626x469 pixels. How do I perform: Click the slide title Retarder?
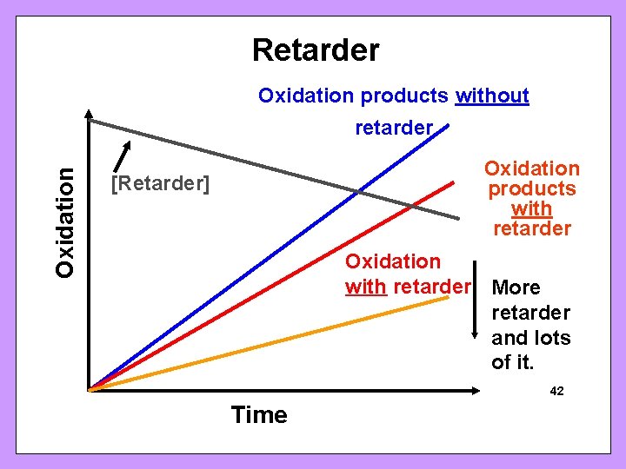[316, 50]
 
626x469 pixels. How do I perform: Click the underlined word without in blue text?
[492, 96]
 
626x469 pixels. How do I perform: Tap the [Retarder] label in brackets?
[160, 185]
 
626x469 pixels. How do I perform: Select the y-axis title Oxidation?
[65, 221]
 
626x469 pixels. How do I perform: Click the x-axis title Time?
[259, 415]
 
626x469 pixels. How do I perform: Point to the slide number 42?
[556, 392]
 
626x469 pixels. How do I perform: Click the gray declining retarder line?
[261, 162]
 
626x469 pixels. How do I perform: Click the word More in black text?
[516, 287]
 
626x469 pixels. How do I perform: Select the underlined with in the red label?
[531, 209]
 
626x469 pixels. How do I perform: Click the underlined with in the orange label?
[366, 286]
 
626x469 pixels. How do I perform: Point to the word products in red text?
[531, 189]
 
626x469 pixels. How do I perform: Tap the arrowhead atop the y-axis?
[90, 114]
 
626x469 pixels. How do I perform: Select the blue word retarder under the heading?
[393, 128]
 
